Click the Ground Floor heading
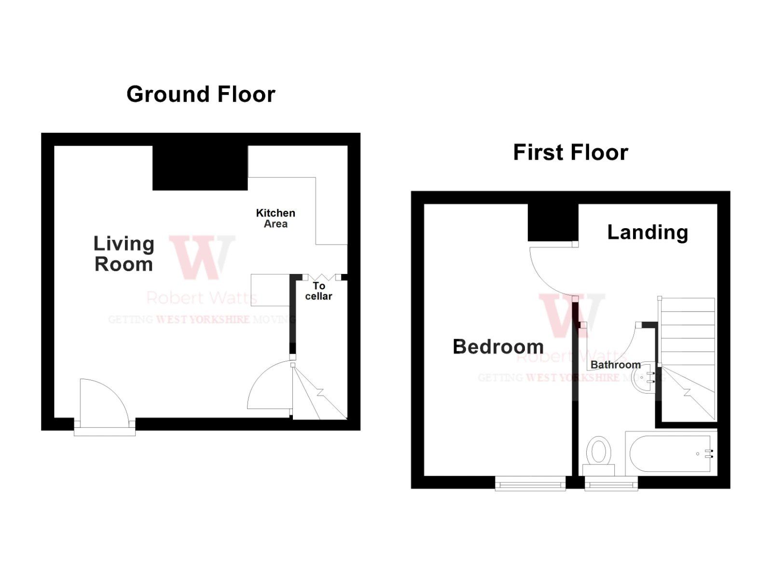(x=201, y=94)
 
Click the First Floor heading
(x=570, y=152)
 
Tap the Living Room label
(x=124, y=254)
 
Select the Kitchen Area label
(x=276, y=218)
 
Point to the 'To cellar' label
(x=318, y=291)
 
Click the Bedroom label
(x=498, y=347)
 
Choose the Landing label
(x=648, y=232)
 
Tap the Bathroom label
(x=615, y=365)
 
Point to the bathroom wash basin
(x=644, y=378)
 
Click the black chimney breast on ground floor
(x=200, y=168)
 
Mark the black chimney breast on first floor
(x=553, y=222)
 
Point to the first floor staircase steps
(x=687, y=338)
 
